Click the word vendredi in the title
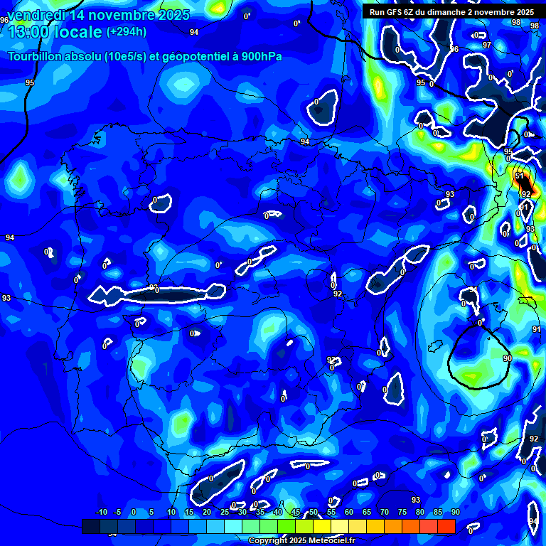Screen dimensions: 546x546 click(x=37, y=15)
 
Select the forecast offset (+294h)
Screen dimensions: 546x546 click(x=127, y=32)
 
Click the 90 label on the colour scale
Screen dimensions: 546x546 click(x=455, y=513)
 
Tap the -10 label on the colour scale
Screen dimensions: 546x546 click(x=101, y=513)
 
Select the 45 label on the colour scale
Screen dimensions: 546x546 click(x=296, y=513)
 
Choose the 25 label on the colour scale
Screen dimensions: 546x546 click(x=225, y=513)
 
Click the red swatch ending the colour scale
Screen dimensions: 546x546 click(x=446, y=526)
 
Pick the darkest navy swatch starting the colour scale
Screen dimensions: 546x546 click(x=90, y=526)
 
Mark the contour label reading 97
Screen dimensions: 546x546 click(x=486, y=45)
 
